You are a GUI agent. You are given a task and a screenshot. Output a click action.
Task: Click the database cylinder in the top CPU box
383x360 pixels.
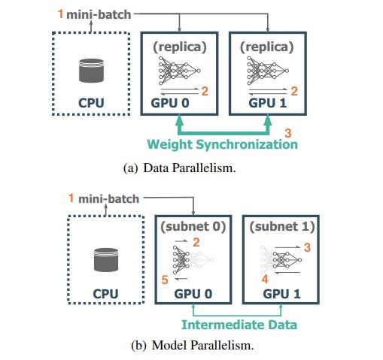coord(91,71)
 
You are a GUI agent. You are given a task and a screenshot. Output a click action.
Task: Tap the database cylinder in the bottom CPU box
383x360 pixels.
coord(106,260)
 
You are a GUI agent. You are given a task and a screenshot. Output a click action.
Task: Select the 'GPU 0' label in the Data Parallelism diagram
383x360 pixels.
coord(170,103)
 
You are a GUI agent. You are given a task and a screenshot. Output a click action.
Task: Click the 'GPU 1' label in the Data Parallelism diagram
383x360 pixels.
coord(267,103)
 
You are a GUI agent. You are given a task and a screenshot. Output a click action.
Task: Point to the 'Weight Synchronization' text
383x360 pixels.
coord(222,144)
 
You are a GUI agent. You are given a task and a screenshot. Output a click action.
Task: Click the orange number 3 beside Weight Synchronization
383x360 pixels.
coord(288,133)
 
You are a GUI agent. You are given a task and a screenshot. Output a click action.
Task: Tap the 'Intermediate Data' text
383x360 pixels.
coord(239,325)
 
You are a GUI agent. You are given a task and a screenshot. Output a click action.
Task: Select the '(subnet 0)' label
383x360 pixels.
coord(193,226)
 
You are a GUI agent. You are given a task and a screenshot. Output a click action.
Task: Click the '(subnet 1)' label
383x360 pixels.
coord(282,226)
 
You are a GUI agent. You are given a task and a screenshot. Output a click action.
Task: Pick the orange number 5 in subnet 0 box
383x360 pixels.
coord(165,280)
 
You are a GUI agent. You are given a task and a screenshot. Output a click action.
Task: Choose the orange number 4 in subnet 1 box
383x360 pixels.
coord(265,279)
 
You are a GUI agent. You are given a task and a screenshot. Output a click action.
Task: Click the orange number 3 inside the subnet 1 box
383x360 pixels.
coord(307,247)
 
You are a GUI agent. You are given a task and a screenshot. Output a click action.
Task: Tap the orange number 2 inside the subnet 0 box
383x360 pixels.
coord(196,242)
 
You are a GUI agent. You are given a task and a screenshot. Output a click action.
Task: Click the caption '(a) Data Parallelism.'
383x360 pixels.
coord(180,168)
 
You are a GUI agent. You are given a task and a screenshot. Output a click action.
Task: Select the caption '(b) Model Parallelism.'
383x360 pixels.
coord(193,345)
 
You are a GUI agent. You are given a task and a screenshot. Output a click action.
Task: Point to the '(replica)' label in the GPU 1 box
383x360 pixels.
coord(266,47)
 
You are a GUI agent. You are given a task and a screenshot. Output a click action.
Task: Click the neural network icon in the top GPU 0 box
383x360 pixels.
coord(179,71)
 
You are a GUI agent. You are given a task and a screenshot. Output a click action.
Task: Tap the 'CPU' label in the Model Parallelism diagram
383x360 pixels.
coord(105,294)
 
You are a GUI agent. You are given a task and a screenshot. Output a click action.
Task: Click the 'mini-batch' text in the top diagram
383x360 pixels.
coord(99,15)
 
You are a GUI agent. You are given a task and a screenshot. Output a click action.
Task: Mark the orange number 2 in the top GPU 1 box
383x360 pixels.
coord(294,91)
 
